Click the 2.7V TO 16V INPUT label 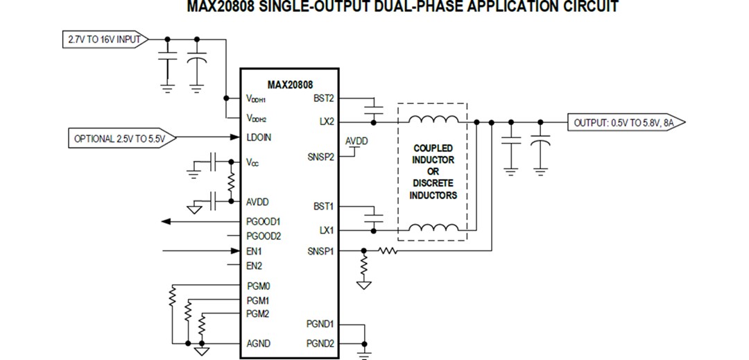pos(104,39)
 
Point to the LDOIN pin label pos(259,137)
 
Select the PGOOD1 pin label pos(264,221)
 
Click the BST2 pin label pos(323,98)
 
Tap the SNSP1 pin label pos(320,250)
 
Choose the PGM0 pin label pos(258,285)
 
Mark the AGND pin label pos(258,343)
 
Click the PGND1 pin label pos(320,324)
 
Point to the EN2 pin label pos(254,266)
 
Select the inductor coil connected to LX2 pos(433,120)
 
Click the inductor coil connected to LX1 pos(433,228)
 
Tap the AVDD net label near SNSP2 pos(356,142)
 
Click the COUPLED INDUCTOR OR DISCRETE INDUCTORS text pos(433,171)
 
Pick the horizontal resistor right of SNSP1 pos(386,250)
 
